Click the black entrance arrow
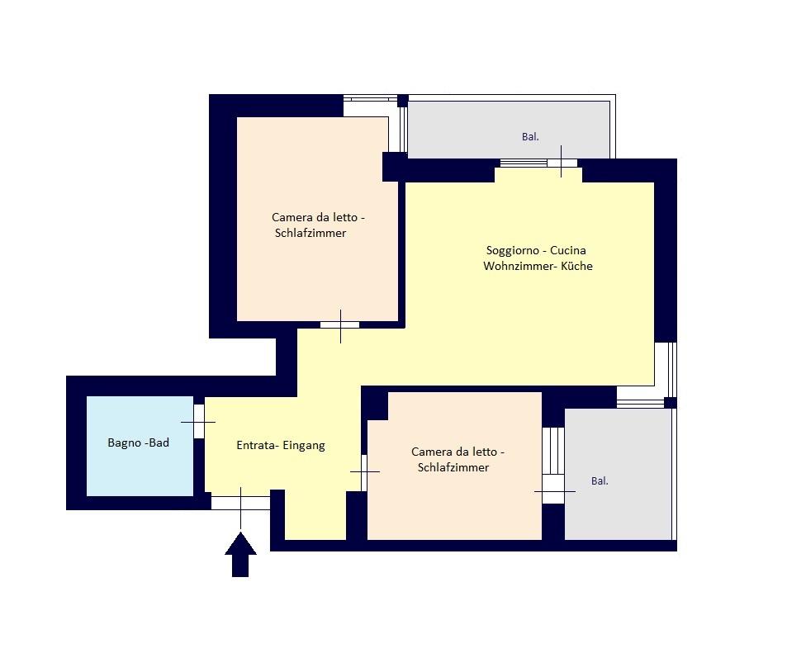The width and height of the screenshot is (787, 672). pyautogui.click(x=240, y=555)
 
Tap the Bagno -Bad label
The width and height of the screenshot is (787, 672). pyautogui.click(x=138, y=442)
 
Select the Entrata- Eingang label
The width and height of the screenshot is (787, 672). pyautogui.click(x=281, y=445)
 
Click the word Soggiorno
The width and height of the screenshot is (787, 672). pyautogui.click(x=513, y=250)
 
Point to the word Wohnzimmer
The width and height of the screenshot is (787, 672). pyautogui.click(x=519, y=266)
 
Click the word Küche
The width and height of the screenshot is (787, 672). pyautogui.click(x=576, y=266)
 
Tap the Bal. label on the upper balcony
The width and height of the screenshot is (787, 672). pyautogui.click(x=530, y=136)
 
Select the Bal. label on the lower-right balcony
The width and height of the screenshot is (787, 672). pyautogui.click(x=600, y=480)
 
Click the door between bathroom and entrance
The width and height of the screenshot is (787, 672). pyautogui.click(x=199, y=422)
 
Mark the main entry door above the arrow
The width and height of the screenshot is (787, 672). pyautogui.click(x=240, y=503)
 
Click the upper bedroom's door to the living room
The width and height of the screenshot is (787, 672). pyautogui.click(x=340, y=325)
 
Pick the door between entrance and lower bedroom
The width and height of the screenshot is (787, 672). pyautogui.click(x=364, y=472)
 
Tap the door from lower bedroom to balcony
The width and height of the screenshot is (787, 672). pyautogui.click(x=553, y=490)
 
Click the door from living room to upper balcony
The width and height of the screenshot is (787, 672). pyautogui.click(x=562, y=163)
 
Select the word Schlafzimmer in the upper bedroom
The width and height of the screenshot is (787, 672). pyautogui.click(x=311, y=233)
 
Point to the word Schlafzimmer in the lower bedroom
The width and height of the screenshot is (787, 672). pyautogui.click(x=453, y=467)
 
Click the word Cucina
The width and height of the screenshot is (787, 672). pyautogui.click(x=567, y=250)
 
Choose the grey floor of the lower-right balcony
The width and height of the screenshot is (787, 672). pyautogui.click(x=619, y=507)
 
